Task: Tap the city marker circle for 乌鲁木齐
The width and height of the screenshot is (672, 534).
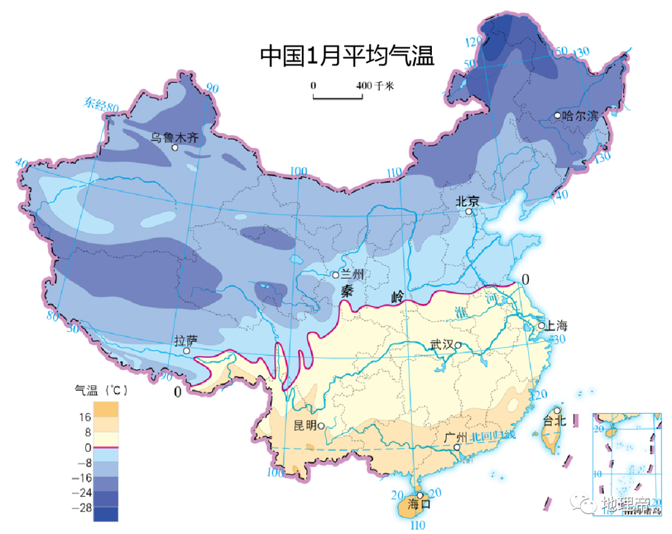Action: pos(175,148)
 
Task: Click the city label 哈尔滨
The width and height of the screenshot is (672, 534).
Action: pos(579,116)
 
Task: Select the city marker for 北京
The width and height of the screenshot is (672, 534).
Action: pos(470,212)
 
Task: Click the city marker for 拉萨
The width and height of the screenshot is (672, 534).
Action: pos(187,351)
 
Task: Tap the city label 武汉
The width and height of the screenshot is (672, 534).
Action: pos(442,345)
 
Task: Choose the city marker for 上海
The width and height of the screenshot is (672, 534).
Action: pos(541,326)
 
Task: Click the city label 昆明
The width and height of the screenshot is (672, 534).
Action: pos(305,426)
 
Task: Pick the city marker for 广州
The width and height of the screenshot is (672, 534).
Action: pos(457,447)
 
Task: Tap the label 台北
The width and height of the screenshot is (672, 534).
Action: pos(554,421)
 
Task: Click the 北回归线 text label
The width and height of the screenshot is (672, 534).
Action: pos(493,437)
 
